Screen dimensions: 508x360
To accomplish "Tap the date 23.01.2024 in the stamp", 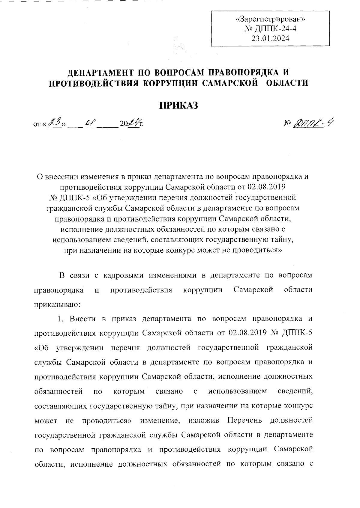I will point(270,38).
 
